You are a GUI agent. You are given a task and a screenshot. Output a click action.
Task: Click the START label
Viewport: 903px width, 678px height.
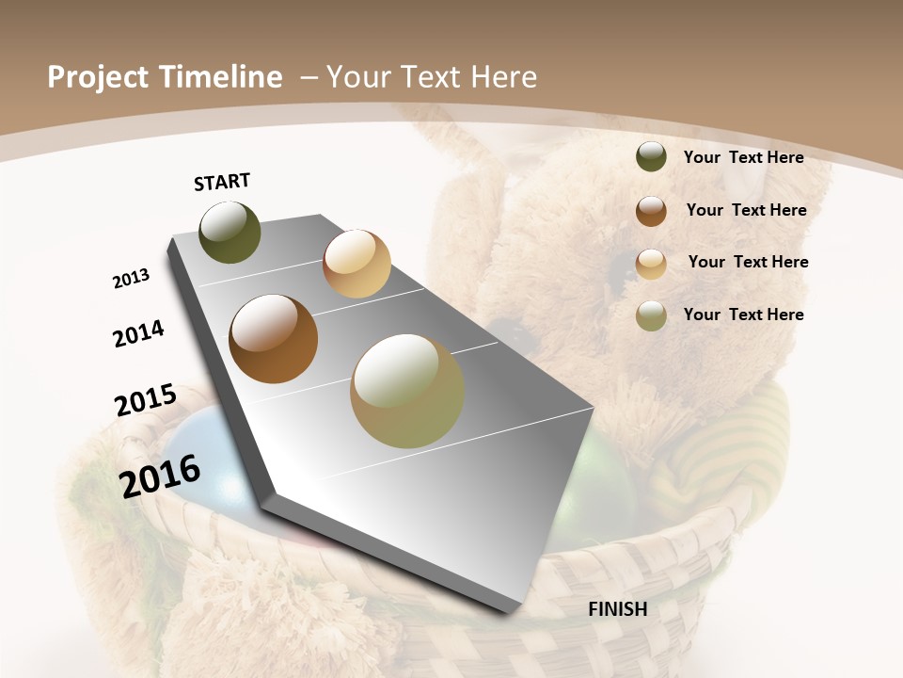[x=222, y=181]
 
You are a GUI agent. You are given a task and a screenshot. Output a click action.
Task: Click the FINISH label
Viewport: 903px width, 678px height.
[x=618, y=609]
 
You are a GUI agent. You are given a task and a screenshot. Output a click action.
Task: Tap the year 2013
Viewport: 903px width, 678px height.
[x=132, y=279]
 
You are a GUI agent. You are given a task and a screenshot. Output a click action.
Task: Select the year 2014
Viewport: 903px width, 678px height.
[x=139, y=333]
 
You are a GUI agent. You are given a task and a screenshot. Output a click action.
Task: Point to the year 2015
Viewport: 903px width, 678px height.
[x=146, y=400]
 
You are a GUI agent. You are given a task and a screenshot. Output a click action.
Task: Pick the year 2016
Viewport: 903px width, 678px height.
[x=160, y=476]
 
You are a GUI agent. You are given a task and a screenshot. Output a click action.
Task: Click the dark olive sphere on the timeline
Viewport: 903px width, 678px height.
[x=230, y=232]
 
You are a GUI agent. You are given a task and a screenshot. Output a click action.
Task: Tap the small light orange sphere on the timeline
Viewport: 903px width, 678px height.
[x=356, y=264]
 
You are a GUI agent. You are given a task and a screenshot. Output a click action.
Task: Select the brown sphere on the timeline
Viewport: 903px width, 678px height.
[x=274, y=339]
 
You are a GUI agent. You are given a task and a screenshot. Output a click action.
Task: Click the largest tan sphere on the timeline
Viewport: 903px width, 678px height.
[x=407, y=391]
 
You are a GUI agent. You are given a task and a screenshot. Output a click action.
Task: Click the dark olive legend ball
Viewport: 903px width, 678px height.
[x=651, y=157]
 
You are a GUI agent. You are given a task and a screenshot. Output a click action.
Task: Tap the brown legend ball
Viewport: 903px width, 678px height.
[x=651, y=211]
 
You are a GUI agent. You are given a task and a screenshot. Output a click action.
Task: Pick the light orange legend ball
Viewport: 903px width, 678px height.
[x=651, y=264]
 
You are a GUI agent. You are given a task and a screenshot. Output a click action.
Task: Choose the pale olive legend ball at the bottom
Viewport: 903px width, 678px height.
[x=651, y=315]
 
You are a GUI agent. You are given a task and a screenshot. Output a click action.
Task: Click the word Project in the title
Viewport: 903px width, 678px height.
[x=96, y=77]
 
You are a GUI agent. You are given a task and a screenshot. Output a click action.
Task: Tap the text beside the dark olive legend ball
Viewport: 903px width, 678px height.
[x=743, y=157]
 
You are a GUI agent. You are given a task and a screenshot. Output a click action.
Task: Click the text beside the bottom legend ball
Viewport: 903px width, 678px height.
[x=743, y=315]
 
